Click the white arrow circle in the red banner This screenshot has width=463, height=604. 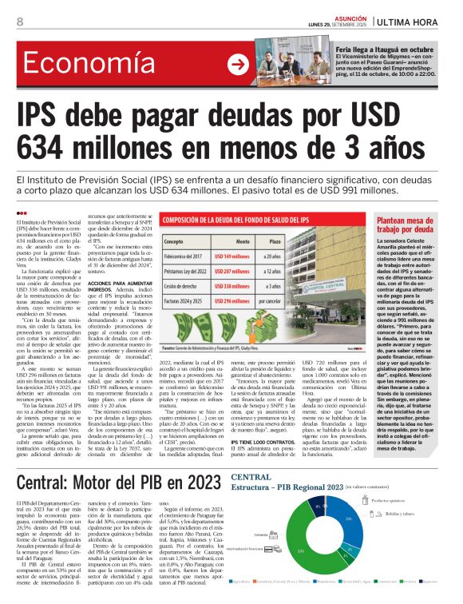coord(237,65)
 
